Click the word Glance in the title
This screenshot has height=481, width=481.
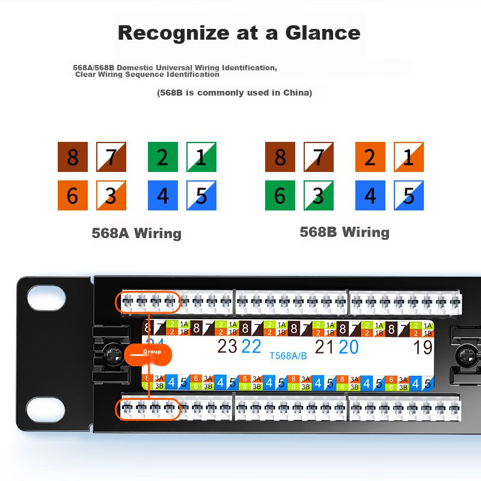tap(322, 32)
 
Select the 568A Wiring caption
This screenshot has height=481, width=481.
tap(136, 233)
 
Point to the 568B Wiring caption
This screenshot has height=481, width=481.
tap(345, 232)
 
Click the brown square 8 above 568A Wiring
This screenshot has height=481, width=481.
tap(73, 158)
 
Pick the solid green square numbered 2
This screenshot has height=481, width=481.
tap(162, 158)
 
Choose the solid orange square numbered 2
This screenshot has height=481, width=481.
tap(370, 158)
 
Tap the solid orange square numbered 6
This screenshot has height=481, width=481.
tap(73, 195)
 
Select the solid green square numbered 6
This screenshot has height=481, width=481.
tap(280, 195)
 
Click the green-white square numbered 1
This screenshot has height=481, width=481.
tap(201, 158)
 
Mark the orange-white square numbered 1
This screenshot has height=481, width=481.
tap(409, 158)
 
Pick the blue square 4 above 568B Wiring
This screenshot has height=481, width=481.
tap(370, 195)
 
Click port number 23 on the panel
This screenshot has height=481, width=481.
tap(227, 346)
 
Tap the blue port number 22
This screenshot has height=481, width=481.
tap(251, 346)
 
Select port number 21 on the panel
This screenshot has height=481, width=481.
tap(324, 346)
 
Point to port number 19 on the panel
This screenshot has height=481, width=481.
tap(423, 347)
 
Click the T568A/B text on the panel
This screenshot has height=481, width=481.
tap(288, 355)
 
